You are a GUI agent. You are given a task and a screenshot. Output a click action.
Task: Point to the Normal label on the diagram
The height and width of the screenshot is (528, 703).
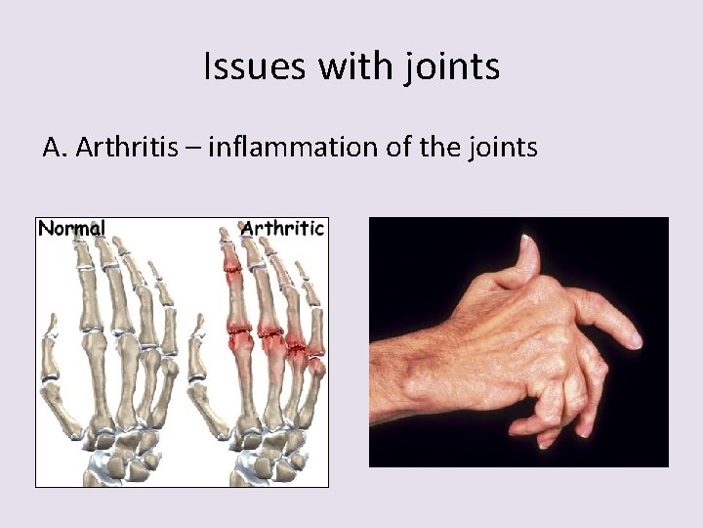(71, 229)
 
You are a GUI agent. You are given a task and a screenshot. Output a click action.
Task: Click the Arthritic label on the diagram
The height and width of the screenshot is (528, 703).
(282, 229)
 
